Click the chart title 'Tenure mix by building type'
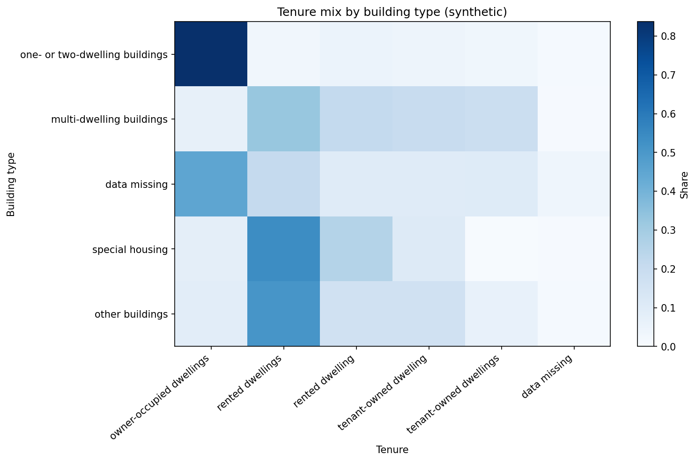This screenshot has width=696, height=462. tap(392, 12)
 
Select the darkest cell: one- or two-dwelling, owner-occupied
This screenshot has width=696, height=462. tap(211, 54)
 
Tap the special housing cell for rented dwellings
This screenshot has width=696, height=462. tap(283, 249)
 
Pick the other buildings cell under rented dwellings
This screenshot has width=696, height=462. tap(283, 313)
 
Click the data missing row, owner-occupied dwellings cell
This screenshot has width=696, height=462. tap(211, 184)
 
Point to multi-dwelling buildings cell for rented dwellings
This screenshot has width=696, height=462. tap(283, 119)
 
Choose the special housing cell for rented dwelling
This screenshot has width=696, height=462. tap(356, 249)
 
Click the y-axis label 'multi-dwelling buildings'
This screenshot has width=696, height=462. tap(109, 119)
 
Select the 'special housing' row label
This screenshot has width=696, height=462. tap(130, 249)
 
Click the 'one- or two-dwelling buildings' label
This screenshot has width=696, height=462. tap(94, 55)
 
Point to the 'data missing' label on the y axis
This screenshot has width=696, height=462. tap(136, 185)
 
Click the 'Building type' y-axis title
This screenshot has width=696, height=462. tap(11, 184)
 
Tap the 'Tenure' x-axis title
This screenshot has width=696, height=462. tap(392, 450)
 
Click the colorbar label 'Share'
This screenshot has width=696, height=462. tap(684, 184)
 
